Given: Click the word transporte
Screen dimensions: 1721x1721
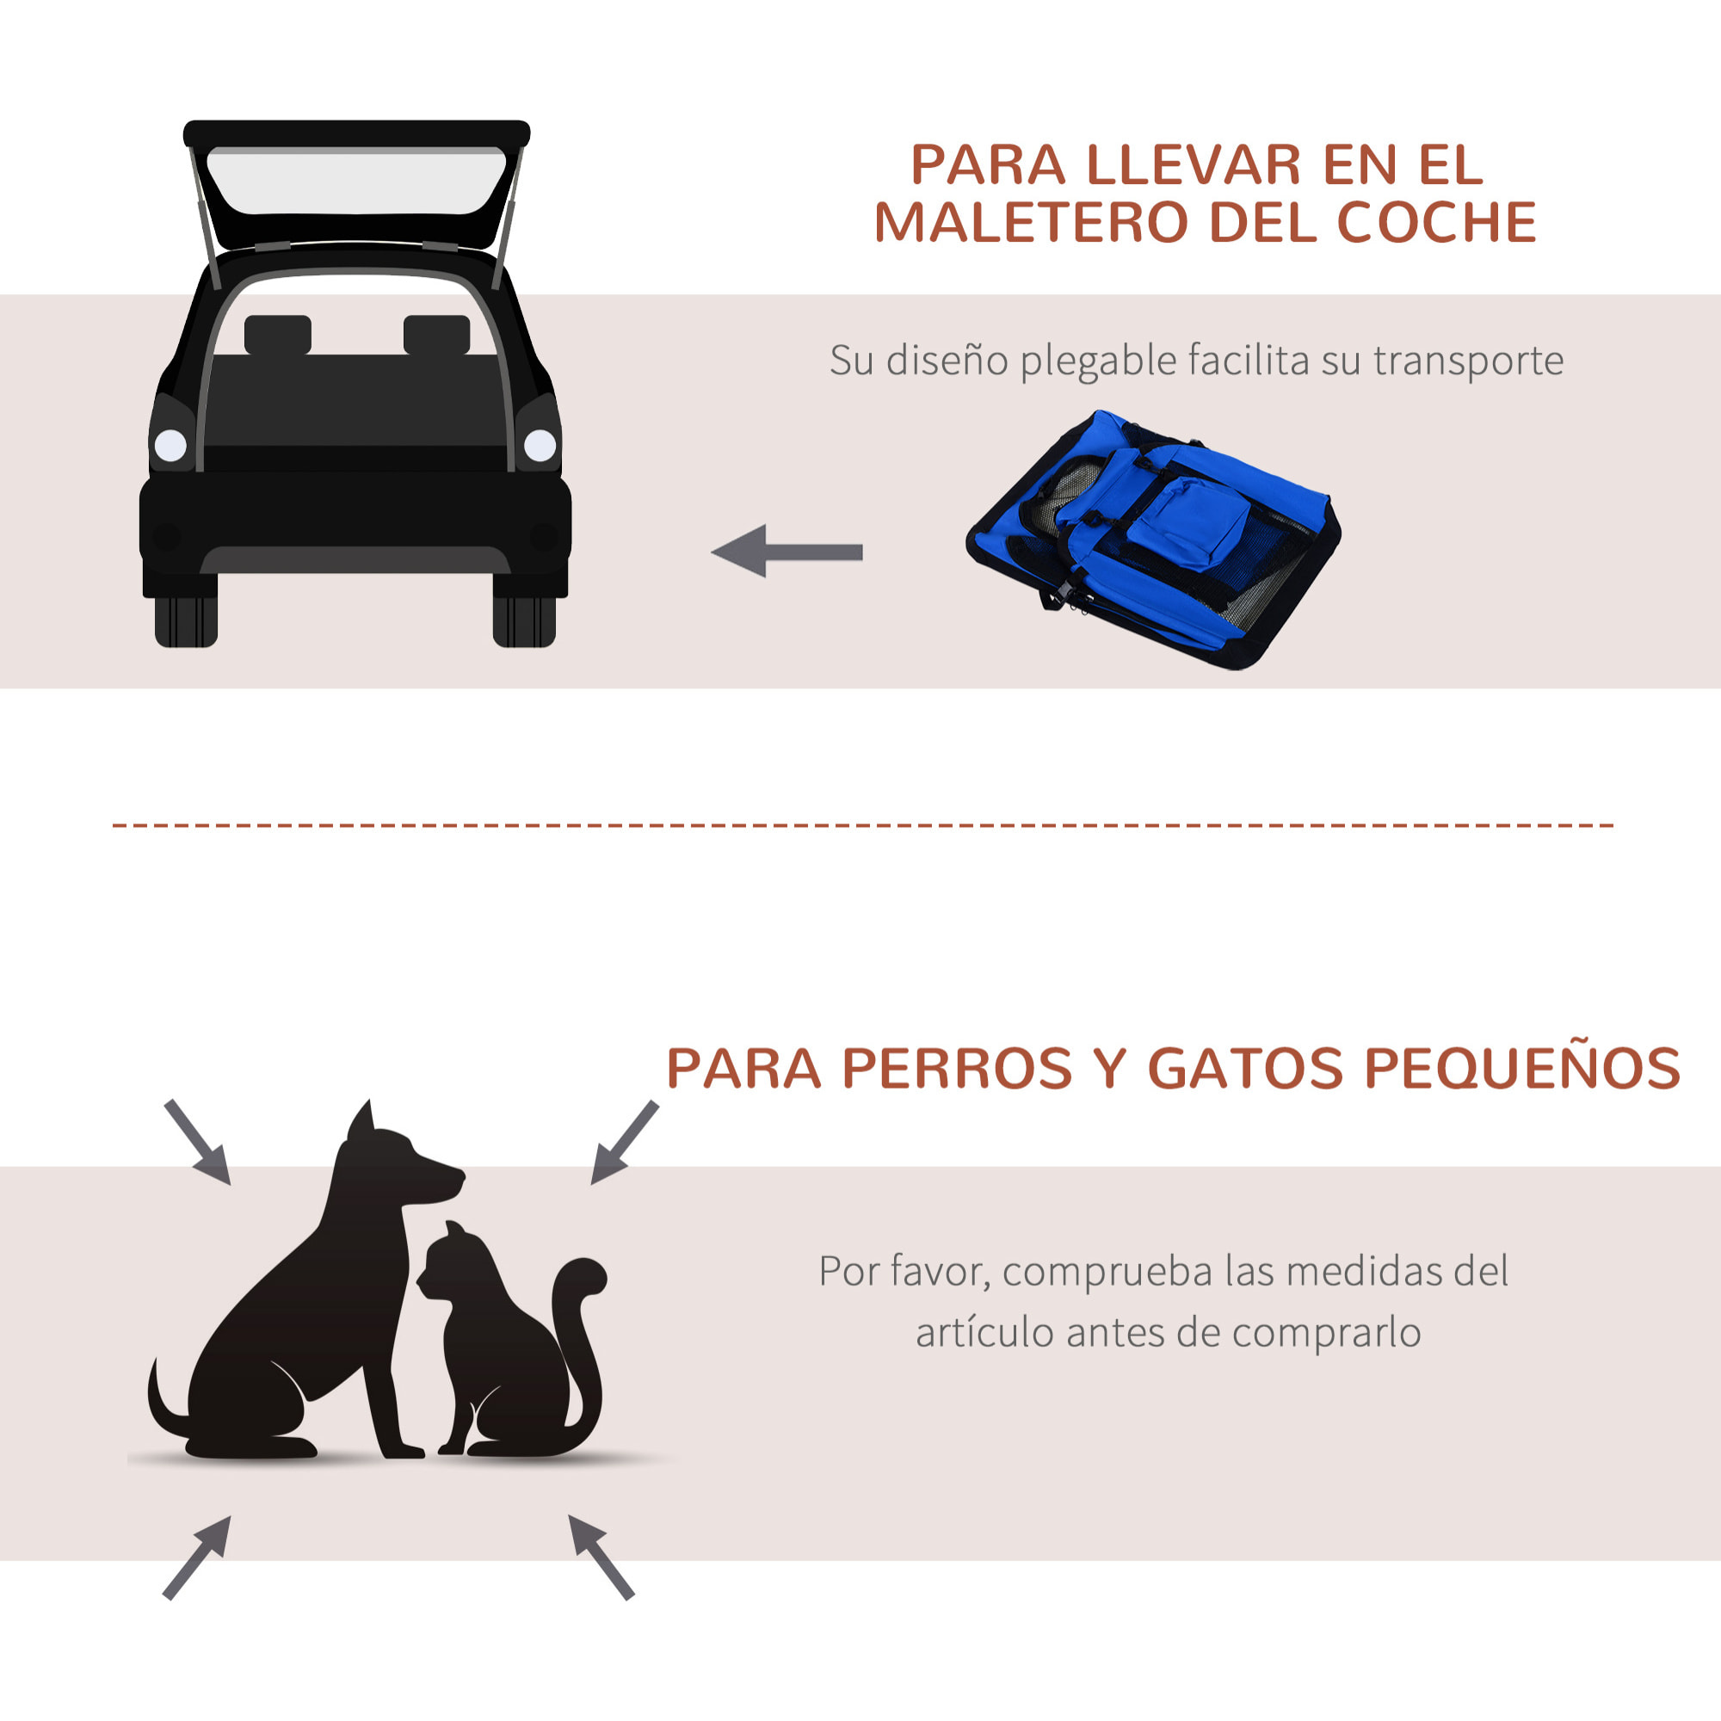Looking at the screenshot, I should [1467, 361].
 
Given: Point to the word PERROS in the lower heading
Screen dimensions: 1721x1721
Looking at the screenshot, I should [957, 1068].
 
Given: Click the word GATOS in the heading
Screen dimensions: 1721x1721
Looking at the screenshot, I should [1244, 1068].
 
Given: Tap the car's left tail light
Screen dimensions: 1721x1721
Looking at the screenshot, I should [170, 445].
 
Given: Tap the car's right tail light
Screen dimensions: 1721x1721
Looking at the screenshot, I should [540, 445].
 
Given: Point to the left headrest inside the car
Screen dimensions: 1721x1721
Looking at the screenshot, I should [278, 335].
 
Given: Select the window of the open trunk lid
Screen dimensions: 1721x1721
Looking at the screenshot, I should [355, 182].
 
